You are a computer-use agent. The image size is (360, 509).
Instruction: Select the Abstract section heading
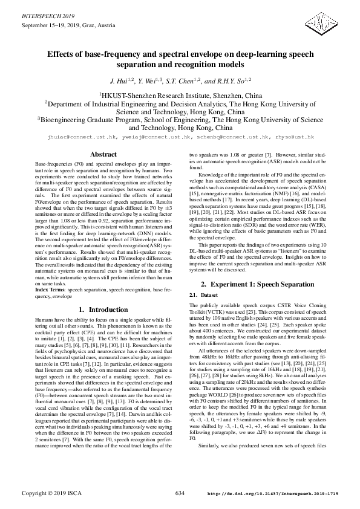[103, 155]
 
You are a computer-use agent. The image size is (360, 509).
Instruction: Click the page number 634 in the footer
[180, 493]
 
